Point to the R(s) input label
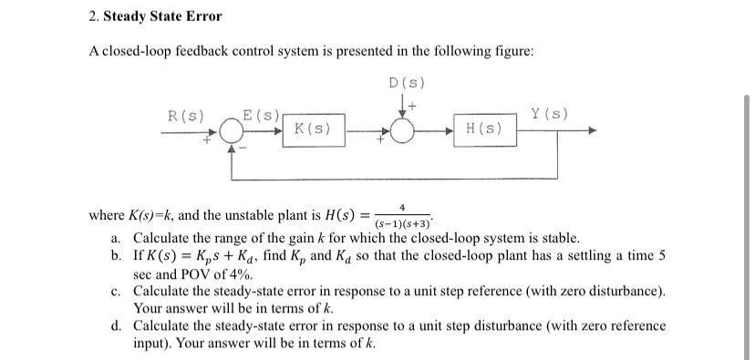[x=186, y=115]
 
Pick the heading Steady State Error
[x=163, y=16]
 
